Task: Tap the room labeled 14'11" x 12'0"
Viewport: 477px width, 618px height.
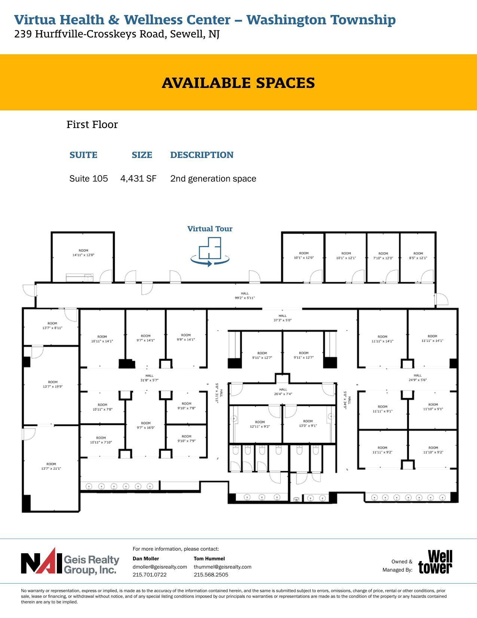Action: click(x=83, y=253)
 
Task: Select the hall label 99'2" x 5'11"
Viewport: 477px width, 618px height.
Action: click(x=245, y=296)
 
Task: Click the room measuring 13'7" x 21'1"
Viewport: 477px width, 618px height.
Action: click(x=51, y=466)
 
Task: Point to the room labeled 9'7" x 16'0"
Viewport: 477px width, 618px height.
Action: click(x=146, y=425)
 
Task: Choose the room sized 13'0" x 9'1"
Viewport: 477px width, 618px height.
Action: click(x=308, y=423)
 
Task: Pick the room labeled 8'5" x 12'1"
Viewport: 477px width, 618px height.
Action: click(x=418, y=256)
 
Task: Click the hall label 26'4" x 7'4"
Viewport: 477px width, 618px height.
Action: click(x=283, y=392)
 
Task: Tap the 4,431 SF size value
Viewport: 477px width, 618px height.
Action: click(x=138, y=179)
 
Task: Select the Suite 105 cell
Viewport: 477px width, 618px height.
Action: click(x=89, y=179)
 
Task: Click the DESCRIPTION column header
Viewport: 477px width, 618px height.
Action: click(x=202, y=155)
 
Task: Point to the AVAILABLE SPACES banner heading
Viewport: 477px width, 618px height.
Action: click(x=238, y=83)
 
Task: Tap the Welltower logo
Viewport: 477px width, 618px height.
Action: click(x=435, y=562)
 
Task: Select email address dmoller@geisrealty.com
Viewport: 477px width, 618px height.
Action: click(x=160, y=567)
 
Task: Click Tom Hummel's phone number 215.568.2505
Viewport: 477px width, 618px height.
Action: click(x=211, y=575)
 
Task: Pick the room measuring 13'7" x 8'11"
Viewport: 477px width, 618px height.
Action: click(x=52, y=326)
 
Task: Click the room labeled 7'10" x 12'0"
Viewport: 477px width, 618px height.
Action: click(x=383, y=256)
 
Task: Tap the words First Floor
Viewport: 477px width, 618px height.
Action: click(x=92, y=125)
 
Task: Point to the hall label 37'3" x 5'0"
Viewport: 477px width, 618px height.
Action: click(x=282, y=318)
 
